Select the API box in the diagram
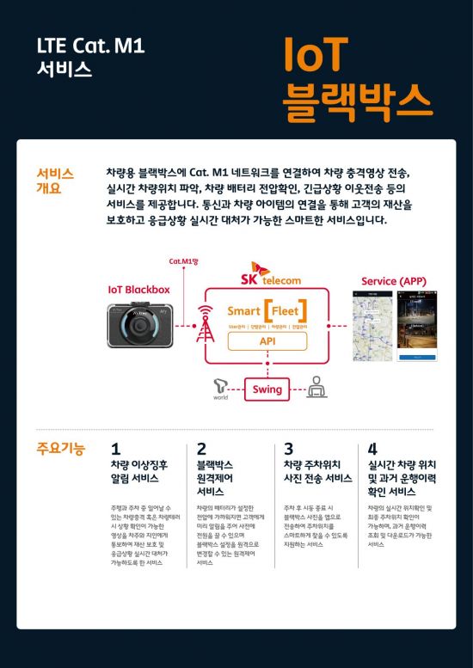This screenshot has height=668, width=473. (267, 341)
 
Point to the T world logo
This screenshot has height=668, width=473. (222, 389)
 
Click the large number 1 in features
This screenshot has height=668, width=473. (116, 449)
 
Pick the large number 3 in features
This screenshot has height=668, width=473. (289, 449)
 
